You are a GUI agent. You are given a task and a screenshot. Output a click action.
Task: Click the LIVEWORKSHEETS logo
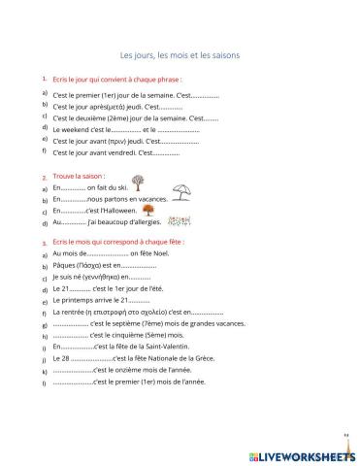pos(303,452)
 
